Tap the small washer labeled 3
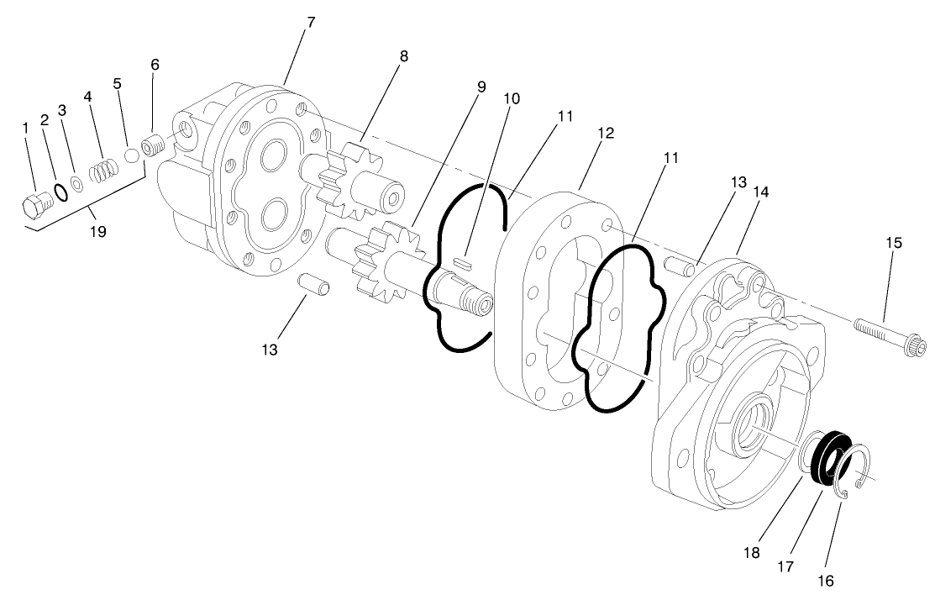coord(77,184)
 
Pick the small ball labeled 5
coord(131,155)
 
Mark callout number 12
coord(606,134)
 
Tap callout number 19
coord(98,232)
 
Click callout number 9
coord(481,86)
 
